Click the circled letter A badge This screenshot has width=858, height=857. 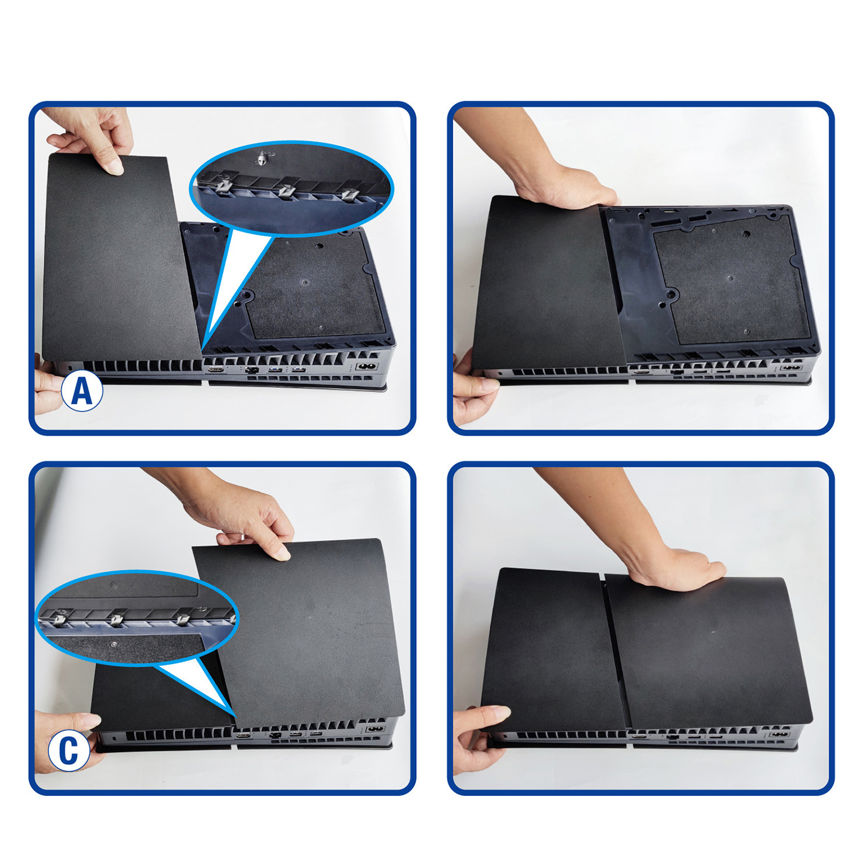coord(82,391)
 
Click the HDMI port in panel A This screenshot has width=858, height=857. coord(216,369)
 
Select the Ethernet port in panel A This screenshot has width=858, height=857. coord(252,370)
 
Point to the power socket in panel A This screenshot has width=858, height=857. coord(368,367)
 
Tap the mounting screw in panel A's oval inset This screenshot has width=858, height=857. coord(261,159)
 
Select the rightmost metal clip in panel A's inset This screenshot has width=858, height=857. coord(350,193)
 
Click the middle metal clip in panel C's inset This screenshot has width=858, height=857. coord(116,620)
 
